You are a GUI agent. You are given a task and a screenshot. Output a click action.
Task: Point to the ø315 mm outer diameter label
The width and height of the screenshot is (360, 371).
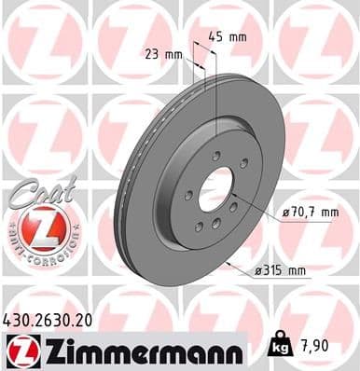[283, 271]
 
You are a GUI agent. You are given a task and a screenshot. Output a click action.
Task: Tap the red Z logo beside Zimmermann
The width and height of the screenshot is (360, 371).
[21, 351]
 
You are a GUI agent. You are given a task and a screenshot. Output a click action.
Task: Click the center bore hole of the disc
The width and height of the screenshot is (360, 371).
[217, 189]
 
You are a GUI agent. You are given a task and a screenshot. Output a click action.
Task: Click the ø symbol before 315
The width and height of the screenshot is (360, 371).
[258, 271]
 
